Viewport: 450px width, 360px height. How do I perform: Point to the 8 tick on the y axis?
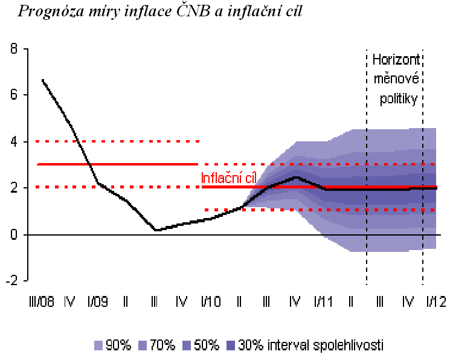14,48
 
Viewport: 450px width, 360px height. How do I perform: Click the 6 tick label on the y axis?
14,95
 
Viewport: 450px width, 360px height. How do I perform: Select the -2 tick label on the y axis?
11,281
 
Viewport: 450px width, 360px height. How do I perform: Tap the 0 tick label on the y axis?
14,234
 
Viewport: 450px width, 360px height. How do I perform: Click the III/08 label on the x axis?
41,301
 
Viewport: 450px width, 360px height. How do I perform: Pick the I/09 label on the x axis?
97,301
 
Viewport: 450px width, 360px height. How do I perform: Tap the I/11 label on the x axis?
323,301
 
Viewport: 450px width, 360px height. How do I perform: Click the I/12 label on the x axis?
436,301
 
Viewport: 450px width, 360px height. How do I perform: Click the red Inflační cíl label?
230,178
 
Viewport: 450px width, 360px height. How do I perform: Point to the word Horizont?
396,60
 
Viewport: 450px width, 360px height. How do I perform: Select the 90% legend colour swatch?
99,346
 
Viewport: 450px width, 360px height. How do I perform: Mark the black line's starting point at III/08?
42,79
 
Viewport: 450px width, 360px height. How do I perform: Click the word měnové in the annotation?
396,80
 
